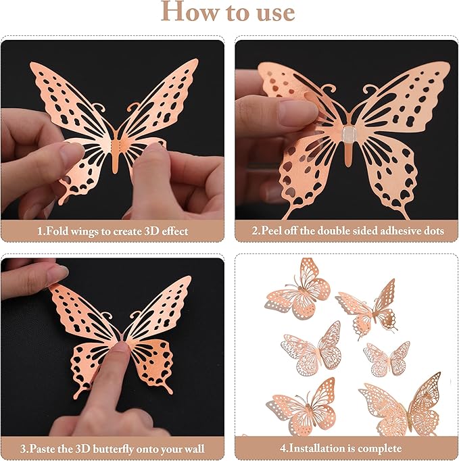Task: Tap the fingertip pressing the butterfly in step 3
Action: [x=121, y=351]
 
